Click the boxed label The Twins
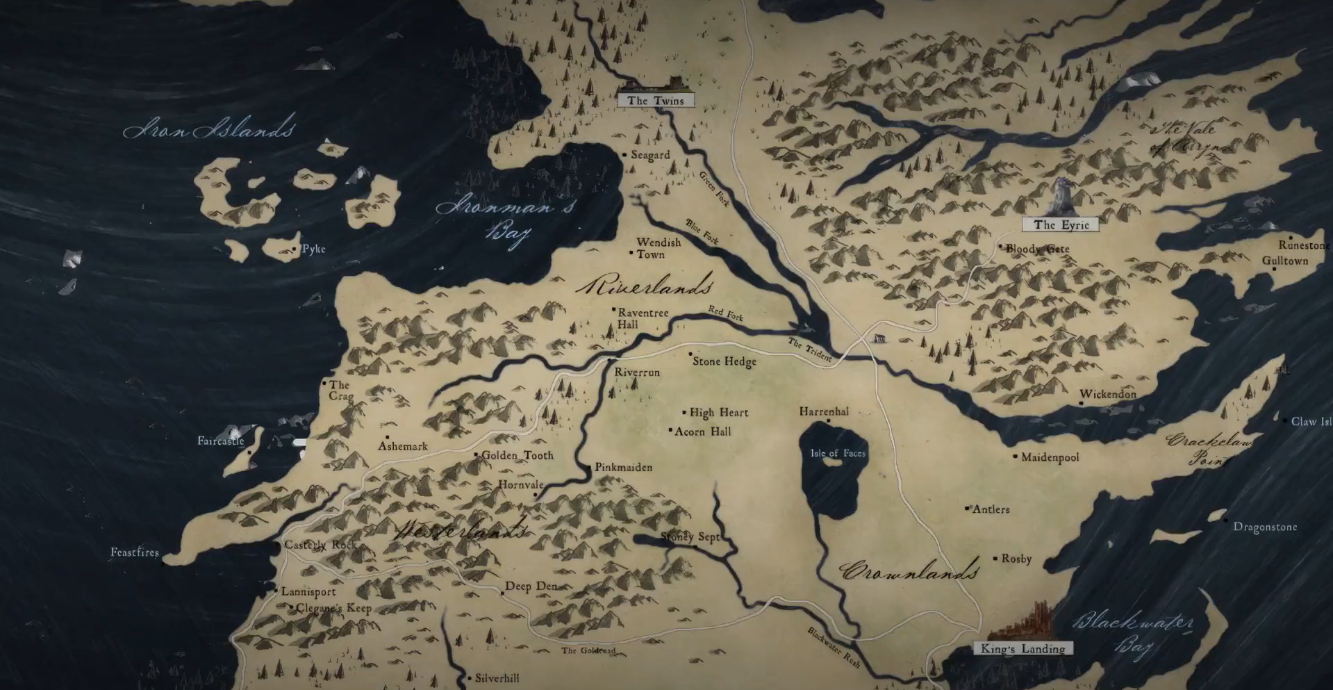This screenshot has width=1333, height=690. (x=655, y=101)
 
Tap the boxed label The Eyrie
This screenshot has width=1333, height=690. (x=1060, y=224)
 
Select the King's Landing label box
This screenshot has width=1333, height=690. (x=1022, y=649)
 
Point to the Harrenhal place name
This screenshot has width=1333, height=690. (x=824, y=411)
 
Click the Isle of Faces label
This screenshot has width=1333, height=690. (x=838, y=453)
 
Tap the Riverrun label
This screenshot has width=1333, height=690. (x=637, y=372)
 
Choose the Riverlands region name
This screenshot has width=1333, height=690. (x=645, y=286)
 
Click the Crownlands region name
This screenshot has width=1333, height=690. (x=909, y=571)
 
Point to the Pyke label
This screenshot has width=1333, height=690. (x=313, y=249)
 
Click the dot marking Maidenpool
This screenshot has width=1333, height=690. (x=1015, y=457)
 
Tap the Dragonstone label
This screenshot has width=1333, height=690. (x=1265, y=527)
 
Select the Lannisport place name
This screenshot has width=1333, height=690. (x=308, y=592)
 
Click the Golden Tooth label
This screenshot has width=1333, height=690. (x=518, y=455)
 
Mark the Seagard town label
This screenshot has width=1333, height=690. (x=650, y=155)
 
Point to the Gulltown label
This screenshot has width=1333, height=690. (x=1285, y=261)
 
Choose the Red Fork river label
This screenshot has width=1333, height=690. (x=726, y=313)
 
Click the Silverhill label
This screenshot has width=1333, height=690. (x=497, y=678)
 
